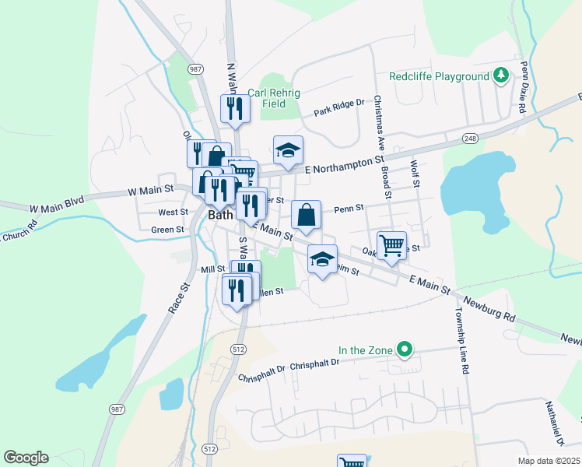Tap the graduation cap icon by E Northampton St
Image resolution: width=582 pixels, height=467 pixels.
(x=288, y=150)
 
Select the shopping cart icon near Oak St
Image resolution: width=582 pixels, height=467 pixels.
(x=391, y=245)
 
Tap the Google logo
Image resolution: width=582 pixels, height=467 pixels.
(x=26, y=458)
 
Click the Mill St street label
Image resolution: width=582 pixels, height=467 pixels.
(x=212, y=269)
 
